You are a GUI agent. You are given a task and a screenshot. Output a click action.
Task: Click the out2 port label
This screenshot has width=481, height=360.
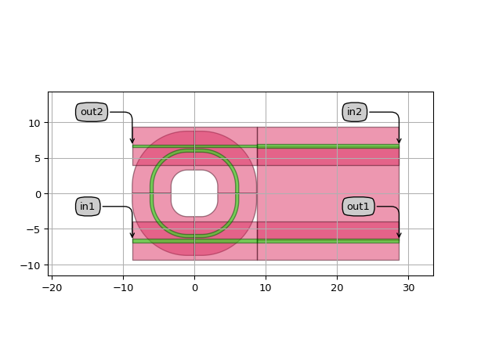(x=92, y=112)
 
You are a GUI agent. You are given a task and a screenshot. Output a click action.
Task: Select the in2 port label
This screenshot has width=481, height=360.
(x=354, y=112)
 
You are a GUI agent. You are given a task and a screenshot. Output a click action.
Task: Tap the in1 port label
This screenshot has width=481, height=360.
(x=88, y=206)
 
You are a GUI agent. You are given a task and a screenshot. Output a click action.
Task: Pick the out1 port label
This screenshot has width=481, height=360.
(x=358, y=206)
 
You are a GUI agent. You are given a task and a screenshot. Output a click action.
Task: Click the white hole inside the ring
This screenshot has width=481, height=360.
(x=194, y=193)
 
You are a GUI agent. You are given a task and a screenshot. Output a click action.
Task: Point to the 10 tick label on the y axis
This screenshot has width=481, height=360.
(x=34, y=124)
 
